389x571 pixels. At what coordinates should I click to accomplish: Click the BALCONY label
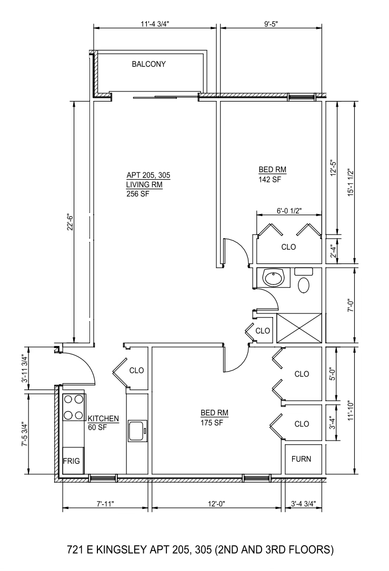tap(148, 64)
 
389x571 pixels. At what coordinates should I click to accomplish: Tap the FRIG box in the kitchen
tap(71, 461)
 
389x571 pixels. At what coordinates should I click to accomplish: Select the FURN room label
tap(301, 458)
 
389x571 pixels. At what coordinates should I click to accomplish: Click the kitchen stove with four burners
tap(74, 407)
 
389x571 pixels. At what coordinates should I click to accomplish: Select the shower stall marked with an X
tap(298, 328)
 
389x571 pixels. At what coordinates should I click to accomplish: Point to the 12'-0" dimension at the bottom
tap(216, 504)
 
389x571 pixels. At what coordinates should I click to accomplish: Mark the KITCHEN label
tap(103, 419)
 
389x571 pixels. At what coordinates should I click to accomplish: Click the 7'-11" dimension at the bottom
tap(105, 504)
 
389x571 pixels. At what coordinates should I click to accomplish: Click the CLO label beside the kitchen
tap(137, 370)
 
